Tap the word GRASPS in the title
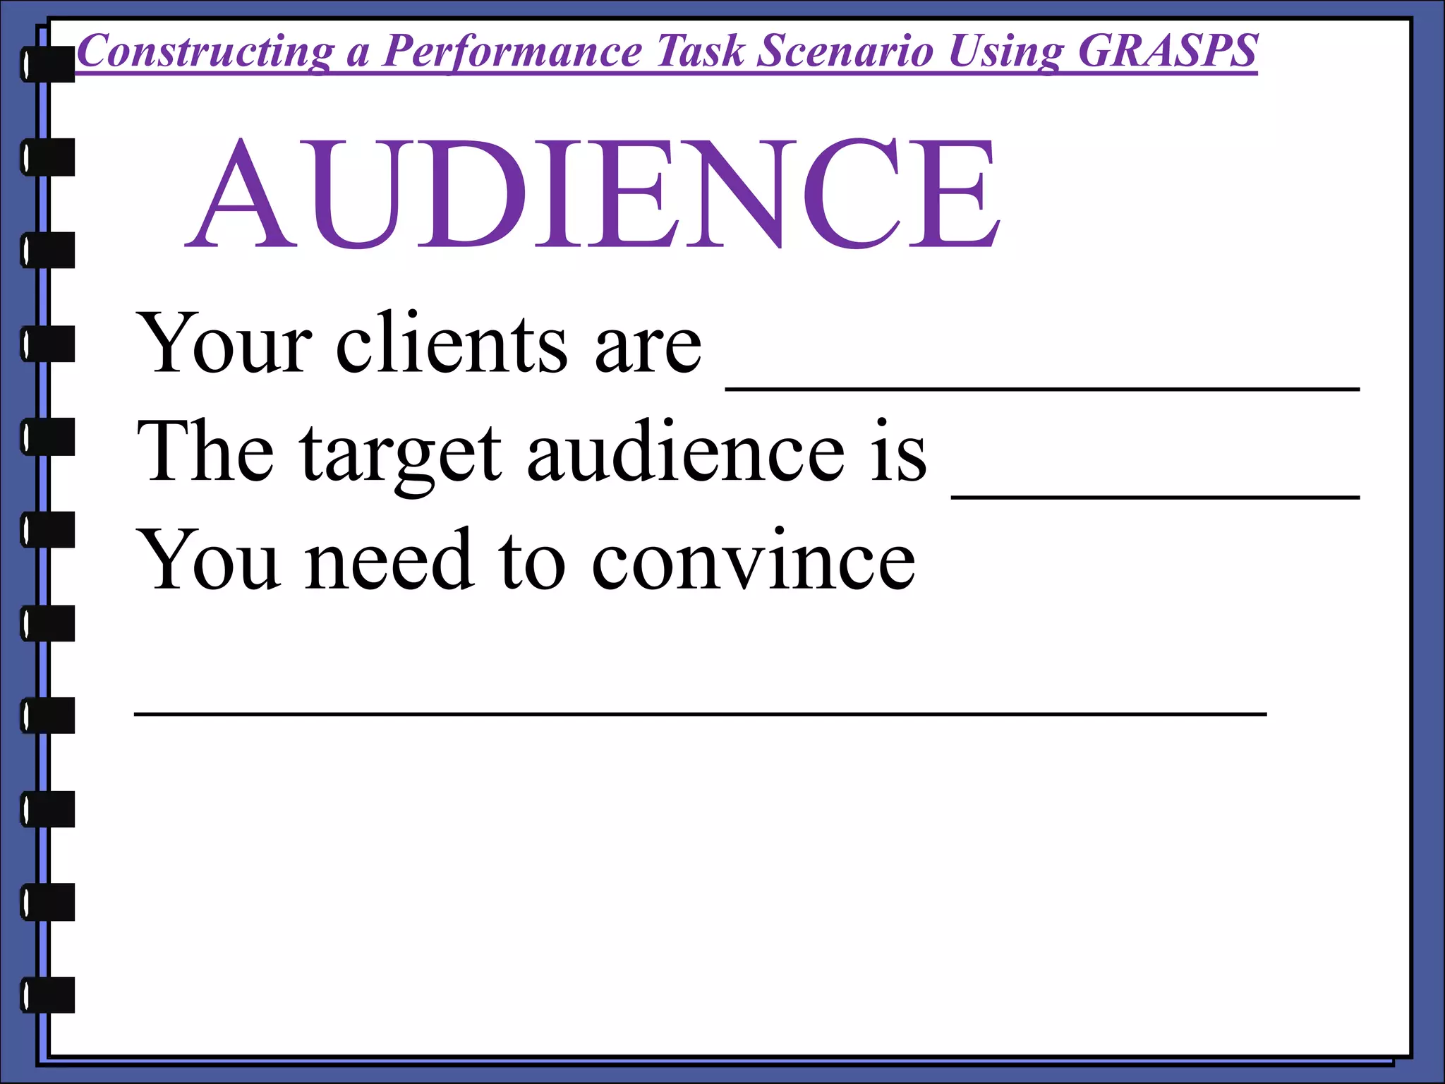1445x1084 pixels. (x=1168, y=51)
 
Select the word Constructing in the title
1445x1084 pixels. (x=205, y=52)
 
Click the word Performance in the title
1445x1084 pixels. (x=512, y=52)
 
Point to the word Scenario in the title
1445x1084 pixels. (x=845, y=51)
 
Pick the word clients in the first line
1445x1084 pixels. (x=452, y=344)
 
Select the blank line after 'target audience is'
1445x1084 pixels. (x=1155, y=496)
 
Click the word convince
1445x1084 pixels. (x=753, y=561)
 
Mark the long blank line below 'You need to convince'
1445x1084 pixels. (x=700, y=714)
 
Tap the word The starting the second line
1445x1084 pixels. (x=206, y=452)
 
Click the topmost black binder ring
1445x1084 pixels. (x=48, y=64)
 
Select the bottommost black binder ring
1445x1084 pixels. (x=48, y=995)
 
